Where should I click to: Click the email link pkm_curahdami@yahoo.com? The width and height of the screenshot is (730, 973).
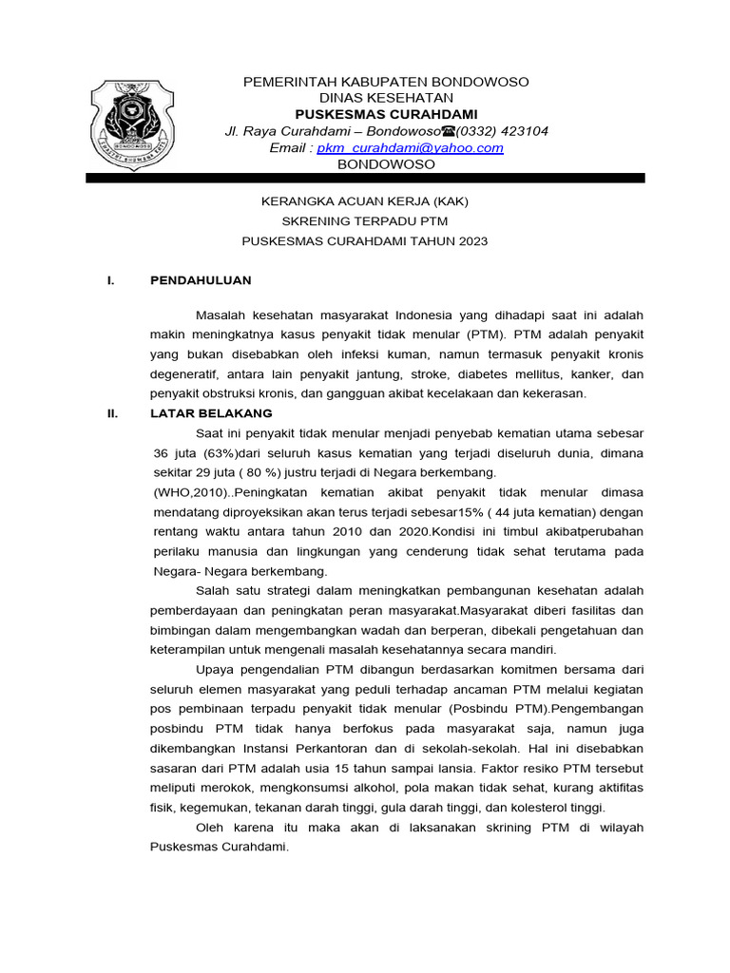(410, 148)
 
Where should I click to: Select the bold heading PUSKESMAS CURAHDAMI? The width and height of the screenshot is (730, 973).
(387, 114)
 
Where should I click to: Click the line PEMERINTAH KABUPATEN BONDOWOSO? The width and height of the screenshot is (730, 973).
(387, 82)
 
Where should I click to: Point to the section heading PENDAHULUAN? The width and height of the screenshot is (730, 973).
(201, 280)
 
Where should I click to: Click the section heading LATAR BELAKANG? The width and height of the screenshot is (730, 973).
(211, 413)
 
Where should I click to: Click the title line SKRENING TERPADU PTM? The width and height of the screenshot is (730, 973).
(365, 221)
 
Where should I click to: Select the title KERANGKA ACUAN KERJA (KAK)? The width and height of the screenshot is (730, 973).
(365, 201)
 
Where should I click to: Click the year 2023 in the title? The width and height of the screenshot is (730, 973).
(471, 241)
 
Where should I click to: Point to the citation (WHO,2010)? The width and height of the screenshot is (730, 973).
(192, 492)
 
